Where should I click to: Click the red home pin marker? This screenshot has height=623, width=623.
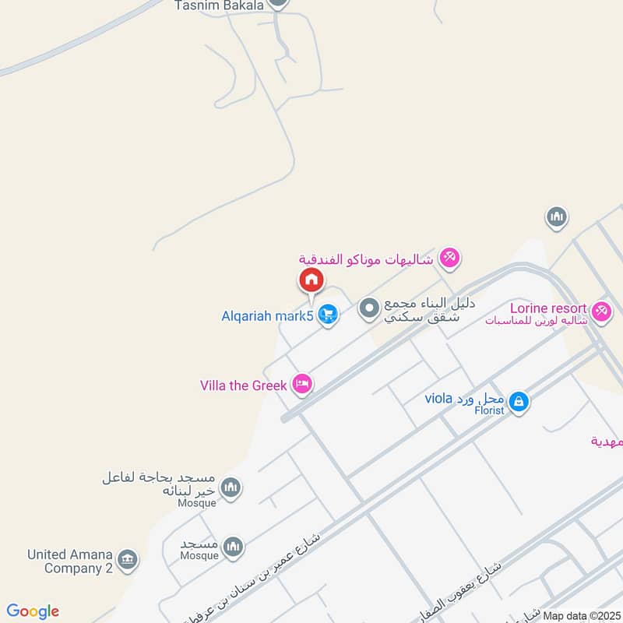click(311, 280)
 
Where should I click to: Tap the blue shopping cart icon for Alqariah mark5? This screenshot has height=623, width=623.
click(329, 315)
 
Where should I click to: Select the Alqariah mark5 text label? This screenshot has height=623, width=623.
click(266, 316)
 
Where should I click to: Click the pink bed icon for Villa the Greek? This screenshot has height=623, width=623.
click(302, 383)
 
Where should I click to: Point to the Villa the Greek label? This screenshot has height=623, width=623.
click(244, 384)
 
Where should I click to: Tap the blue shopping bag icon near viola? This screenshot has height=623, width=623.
click(519, 403)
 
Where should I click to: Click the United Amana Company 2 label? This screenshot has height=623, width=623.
click(70, 561)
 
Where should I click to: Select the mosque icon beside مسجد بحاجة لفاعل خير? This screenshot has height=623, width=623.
click(231, 488)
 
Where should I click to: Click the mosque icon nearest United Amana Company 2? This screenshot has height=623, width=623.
click(233, 547)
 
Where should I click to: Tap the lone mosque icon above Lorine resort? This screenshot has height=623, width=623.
click(556, 217)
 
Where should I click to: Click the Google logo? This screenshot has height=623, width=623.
click(33, 611)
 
